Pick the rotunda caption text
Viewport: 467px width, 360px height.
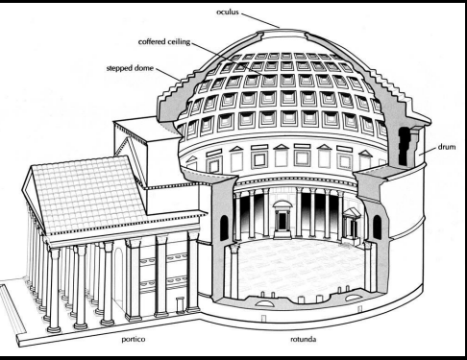tap(306, 339)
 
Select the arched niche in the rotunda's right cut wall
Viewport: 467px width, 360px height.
tap(379, 228)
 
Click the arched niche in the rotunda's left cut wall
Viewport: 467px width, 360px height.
tap(224, 228)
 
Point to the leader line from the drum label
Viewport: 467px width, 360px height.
tap(427, 152)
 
